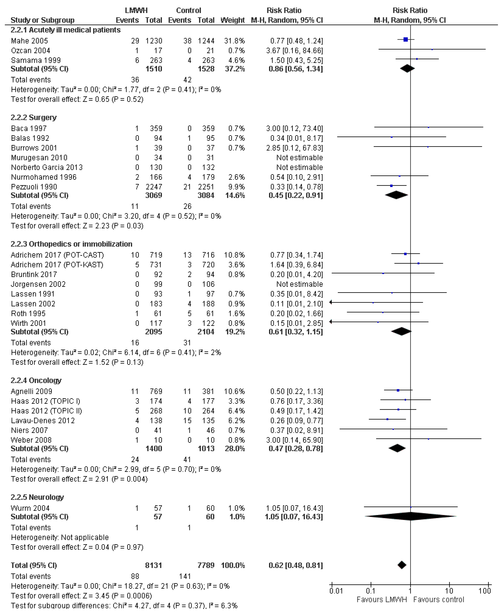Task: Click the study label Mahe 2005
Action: coord(29,41)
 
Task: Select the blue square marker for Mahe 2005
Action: coord(406,39)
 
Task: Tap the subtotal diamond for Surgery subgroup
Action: coord(396,195)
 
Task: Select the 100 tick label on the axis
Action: coord(485,591)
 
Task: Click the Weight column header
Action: coord(233,20)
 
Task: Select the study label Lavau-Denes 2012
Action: coord(43,421)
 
